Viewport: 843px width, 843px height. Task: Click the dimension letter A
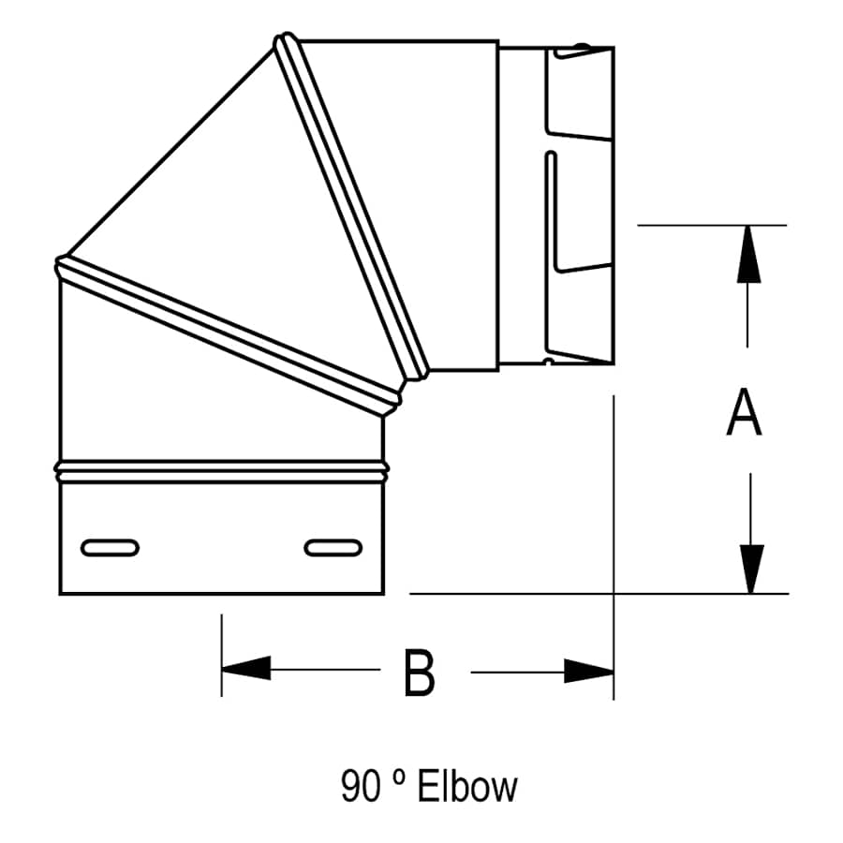pyautogui.click(x=744, y=415)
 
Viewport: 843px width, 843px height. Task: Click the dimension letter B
pyautogui.click(x=419, y=672)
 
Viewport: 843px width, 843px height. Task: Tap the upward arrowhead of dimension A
pyautogui.click(x=747, y=253)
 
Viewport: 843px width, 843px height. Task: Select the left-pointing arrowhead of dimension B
pyautogui.click(x=246, y=669)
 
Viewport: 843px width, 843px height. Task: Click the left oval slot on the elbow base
pyautogui.click(x=111, y=547)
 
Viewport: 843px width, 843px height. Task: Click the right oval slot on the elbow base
pyautogui.click(x=333, y=547)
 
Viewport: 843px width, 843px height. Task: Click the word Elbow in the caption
pyautogui.click(x=467, y=787)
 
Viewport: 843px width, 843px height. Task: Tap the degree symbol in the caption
pyautogui.click(x=397, y=778)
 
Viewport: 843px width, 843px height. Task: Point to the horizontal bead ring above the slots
pyautogui.click(x=221, y=470)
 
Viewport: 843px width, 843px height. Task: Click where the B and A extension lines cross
pyautogui.click(x=614, y=593)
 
